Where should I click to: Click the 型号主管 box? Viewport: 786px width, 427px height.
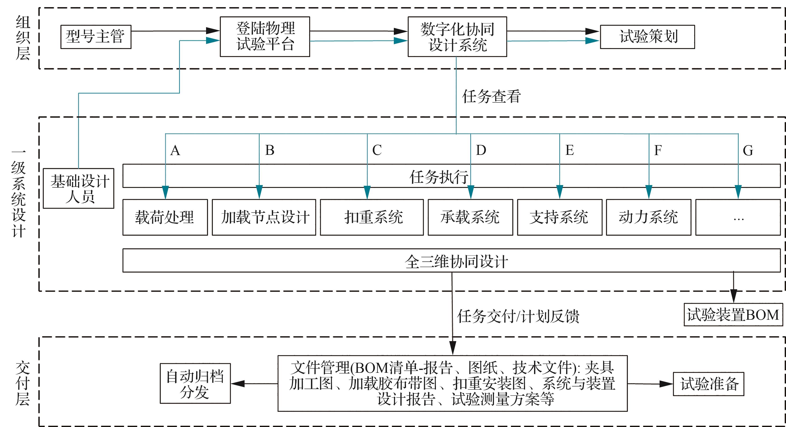click(x=96, y=37)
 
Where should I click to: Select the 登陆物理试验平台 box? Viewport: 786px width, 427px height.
click(x=265, y=37)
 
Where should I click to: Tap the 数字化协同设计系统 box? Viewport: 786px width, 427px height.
click(x=457, y=37)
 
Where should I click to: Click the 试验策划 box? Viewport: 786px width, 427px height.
click(x=647, y=37)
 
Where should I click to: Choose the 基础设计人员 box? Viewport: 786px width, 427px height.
click(x=79, y=188)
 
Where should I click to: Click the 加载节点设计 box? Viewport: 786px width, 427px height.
click(x=264, y=217)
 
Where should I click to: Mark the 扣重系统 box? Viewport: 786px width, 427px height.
click(x=372, y=217)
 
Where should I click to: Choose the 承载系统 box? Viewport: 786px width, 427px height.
click(x=470, y=217)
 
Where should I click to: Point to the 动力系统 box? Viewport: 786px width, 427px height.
click(x=648, y=217)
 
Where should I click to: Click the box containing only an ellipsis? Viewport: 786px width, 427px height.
click(x=738, y=217)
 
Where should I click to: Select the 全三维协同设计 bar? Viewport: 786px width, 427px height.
click(x=452, y=260)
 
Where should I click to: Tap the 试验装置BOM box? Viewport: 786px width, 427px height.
click(x=733, y=314)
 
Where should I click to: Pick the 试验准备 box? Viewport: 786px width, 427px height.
click(x=709, y=384)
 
